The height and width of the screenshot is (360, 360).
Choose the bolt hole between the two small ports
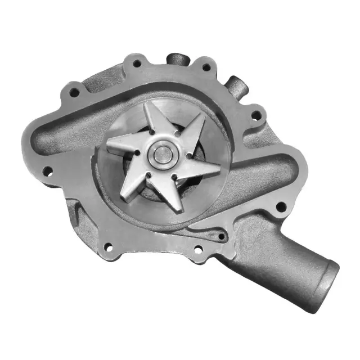(x=206, y=67)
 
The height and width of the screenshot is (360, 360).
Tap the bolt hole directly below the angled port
(x=256, y=115)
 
